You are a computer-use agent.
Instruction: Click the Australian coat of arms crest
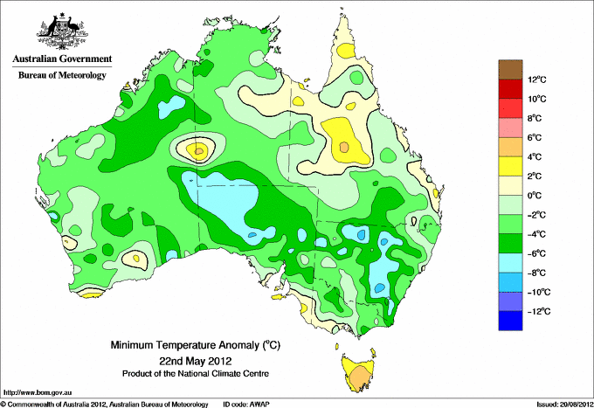[62, 31]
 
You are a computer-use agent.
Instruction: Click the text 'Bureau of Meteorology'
[62, 75]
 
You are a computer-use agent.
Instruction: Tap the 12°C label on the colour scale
[537, 80]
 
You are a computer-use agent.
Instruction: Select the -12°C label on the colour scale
[538, 311]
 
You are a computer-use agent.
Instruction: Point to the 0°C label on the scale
[535, 196]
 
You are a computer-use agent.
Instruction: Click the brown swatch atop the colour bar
[510, 69]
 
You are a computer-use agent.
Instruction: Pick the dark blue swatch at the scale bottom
[510, 321]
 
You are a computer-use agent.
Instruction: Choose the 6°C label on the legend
[535, 137]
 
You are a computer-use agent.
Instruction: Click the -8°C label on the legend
[536, 273]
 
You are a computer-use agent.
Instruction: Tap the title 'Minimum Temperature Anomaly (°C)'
[195, 345]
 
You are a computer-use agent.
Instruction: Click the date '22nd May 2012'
[195, 360]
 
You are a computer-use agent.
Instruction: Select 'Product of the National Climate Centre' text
[196, 374]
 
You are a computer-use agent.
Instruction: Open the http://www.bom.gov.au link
[38, 393]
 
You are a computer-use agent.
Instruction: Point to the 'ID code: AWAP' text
[246, 405]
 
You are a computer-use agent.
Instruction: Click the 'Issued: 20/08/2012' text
[565, 405]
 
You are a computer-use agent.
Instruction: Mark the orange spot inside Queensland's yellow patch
[344, 147]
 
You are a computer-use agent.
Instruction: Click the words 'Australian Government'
[62, 59]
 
